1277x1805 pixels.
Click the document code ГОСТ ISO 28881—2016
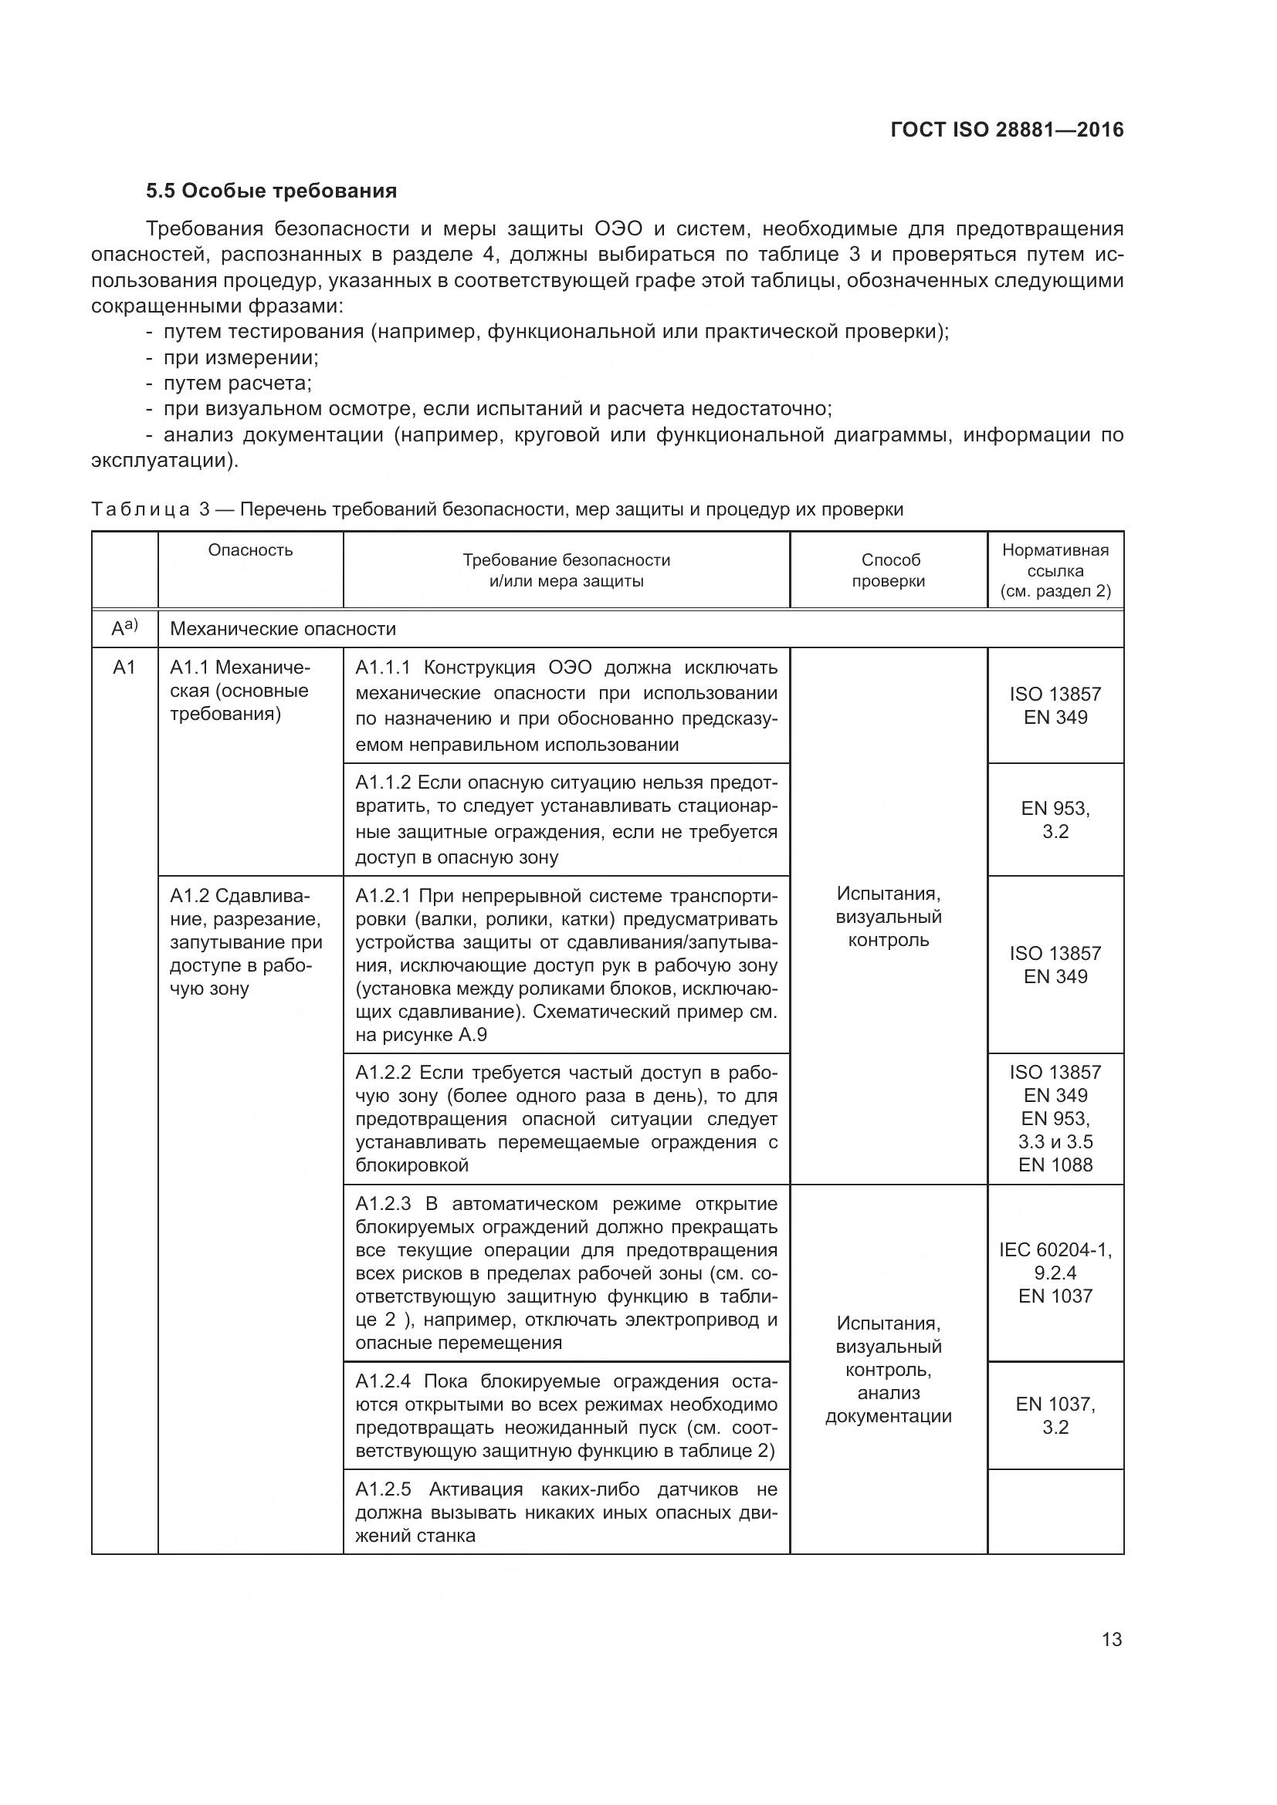[1007, 130]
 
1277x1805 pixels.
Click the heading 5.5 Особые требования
[270, 191]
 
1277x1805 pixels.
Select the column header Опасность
[250, 550]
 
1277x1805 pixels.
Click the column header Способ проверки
[889, 571]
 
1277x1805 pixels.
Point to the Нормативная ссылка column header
[1055, 571]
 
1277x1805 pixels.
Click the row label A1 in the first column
[124, 668]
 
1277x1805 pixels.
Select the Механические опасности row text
[283, 629]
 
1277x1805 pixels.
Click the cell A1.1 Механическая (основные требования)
[240, 691]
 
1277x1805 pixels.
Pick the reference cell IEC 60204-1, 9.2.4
[1055, 1261]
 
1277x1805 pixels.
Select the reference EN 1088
[1055, 1165]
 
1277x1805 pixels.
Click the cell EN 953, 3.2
[1055, 820]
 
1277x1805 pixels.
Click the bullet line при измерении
[240, 358]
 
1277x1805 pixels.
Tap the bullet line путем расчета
[237, 384]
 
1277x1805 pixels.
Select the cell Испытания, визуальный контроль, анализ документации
[889, 1371]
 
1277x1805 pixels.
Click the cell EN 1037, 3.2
[1055, 1415]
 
